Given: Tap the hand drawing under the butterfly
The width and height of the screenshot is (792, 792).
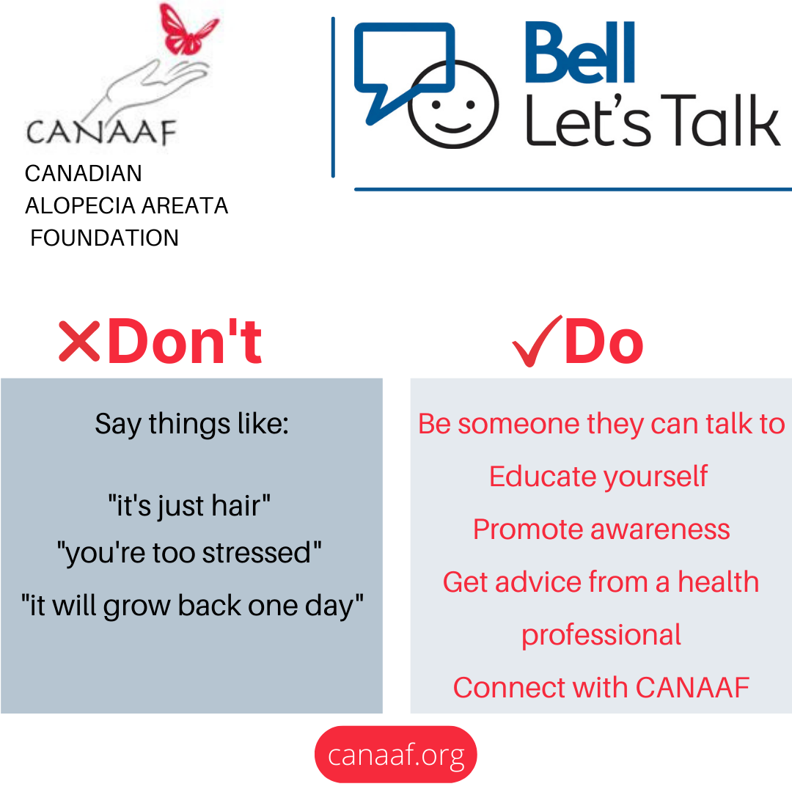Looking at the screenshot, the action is (152, 89).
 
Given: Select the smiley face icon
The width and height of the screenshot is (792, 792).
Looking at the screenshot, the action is (454, 105).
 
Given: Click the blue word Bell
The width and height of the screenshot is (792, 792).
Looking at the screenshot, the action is (579, 53).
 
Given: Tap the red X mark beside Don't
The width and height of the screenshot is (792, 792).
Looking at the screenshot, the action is (79, 342).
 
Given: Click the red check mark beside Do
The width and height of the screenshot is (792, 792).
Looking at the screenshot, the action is (537, 341).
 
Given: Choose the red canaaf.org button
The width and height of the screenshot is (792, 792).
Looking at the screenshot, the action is (395, 754).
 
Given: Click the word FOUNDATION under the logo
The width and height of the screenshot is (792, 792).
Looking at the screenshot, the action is (105, 238).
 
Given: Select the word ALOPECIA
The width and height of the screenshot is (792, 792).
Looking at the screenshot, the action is (81, 205).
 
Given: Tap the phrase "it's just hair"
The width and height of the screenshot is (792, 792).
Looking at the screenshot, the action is (189, 505).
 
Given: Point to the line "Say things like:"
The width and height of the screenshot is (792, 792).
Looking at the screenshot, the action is (192, 424).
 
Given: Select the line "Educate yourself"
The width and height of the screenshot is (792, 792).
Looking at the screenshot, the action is (598, 477).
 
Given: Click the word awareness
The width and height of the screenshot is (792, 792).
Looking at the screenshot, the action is (660, 529).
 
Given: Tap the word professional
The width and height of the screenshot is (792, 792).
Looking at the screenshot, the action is (601, 635).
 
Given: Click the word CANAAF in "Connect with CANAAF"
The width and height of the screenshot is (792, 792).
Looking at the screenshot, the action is (692, 687).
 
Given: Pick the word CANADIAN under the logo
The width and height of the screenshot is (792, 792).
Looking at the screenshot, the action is (84, 173).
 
